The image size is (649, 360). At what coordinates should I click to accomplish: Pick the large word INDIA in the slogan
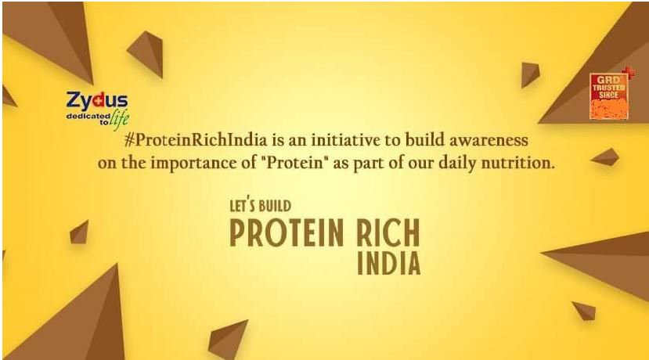(x=388, y=263)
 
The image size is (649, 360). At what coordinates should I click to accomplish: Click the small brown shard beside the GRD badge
(x=530, y=74)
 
